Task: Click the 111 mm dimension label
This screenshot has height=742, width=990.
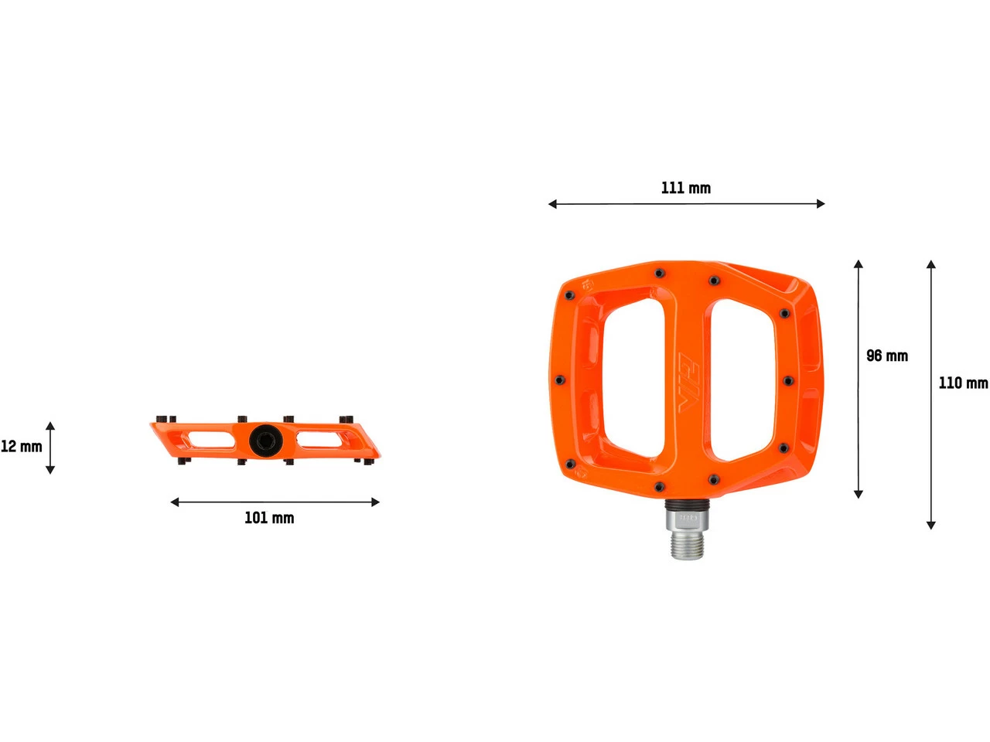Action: (x=685, y=188)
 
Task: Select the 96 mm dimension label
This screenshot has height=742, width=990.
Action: (x=886, y=356)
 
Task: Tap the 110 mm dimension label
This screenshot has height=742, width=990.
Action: (x=962, y=383)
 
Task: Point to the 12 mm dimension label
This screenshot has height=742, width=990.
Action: (x=21, y=446)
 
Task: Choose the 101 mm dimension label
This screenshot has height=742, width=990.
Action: (x=269, y=518)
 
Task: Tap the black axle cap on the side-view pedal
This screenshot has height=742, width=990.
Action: (x=264, y=441)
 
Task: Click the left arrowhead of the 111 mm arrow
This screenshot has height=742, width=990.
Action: (x=552, y=204)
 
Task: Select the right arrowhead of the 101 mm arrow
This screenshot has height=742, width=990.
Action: (x=375, y=502)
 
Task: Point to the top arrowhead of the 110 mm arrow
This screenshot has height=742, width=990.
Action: (x=931, y=264)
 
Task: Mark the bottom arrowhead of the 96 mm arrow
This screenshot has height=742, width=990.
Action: (x=858, y=494)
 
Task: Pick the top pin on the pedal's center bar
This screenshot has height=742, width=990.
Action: (x=659, y=273)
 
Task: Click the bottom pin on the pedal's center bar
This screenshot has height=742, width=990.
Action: (x=659, y=486)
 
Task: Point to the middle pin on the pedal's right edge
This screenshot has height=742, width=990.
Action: (x=787, y=380)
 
